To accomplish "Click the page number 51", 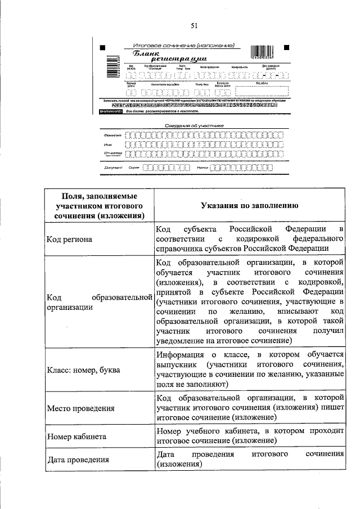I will [194, 25].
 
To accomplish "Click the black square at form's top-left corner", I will [102, 47].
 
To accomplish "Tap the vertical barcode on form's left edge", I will [101, 69].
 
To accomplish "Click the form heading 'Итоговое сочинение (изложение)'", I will [183, 45].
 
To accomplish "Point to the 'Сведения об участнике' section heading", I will [194, 125].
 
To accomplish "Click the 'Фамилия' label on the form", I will [112, 136].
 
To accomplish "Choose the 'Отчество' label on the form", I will [112, 153].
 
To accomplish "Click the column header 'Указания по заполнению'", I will [250, 206].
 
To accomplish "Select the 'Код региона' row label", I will [70, 240].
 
